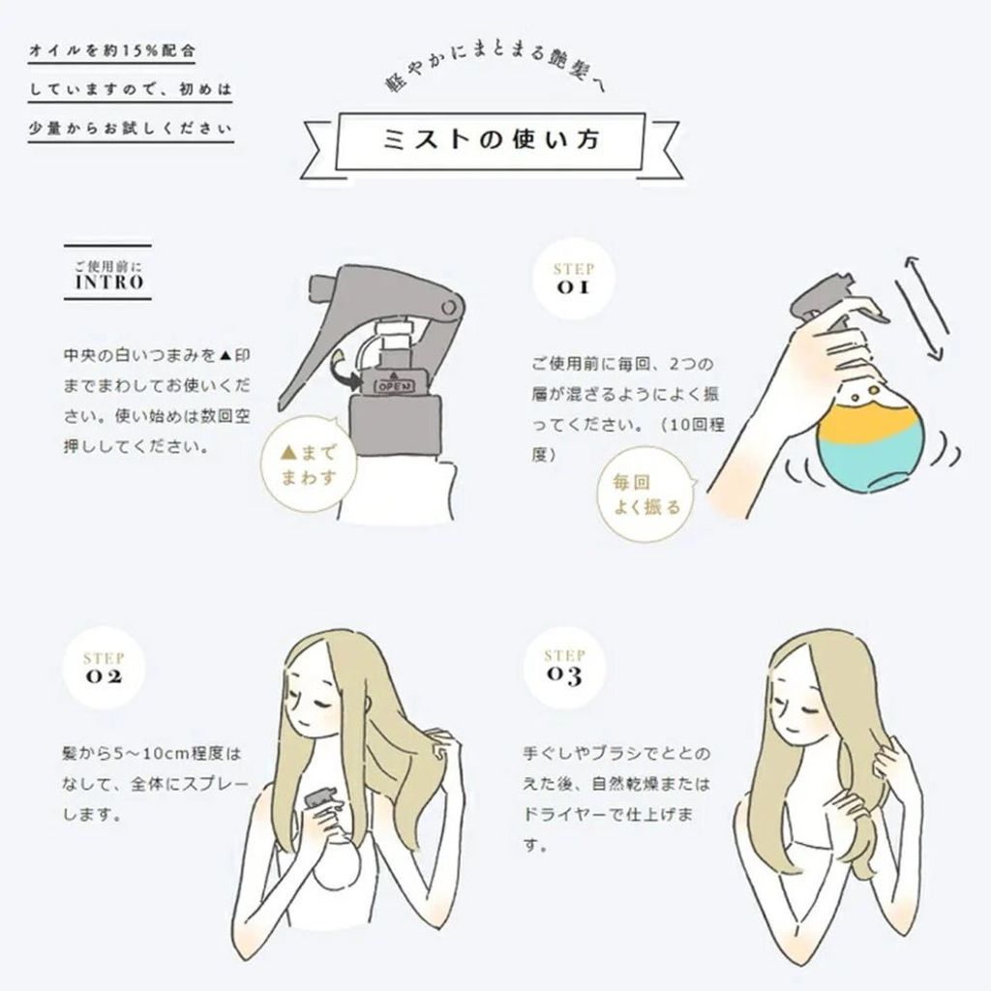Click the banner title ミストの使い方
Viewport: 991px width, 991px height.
(x=491, y=139)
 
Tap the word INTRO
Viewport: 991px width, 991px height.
(x=109, y=282)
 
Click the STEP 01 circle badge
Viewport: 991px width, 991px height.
(x=573, y=278)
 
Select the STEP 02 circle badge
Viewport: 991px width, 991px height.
(x=105, y=668)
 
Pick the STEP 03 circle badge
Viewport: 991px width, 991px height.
(x=564, y=666)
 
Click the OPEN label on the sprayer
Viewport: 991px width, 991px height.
(x=395, y=386)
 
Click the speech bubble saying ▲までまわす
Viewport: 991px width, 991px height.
(x=308, y=465)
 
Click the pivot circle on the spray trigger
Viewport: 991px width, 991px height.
(x=449, y=308)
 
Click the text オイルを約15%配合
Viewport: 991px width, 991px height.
(x=112, y=51)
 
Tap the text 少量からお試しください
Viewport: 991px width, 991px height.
(x=131, y=129)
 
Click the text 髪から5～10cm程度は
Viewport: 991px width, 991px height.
(x=152, y=753)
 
